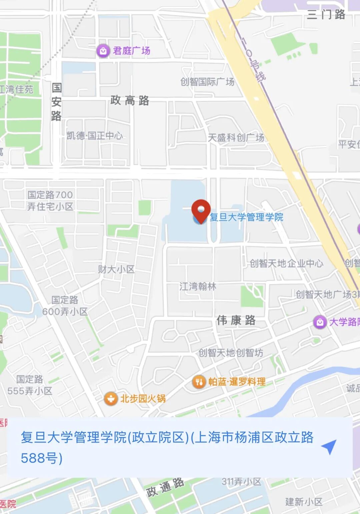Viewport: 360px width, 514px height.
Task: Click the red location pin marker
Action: click(x=201, y=210)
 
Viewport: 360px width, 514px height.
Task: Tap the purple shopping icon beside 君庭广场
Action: click(x=103, y=51)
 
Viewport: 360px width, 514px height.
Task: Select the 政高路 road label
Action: click(x=130, y=100)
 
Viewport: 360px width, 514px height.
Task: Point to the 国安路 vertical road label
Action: click(x=56, y=102)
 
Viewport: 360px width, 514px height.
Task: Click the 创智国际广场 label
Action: click(x=207, y=82)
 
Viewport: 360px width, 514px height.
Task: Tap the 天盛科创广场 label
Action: click(x=236, y=137)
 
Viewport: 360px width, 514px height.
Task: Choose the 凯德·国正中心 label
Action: click(x=95, y=136)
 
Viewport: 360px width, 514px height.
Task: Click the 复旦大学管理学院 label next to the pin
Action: click(x=246, y=217)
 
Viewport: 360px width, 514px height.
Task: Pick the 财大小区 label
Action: click(x=116, y=269)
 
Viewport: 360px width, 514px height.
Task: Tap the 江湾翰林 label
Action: click(x=198, y=286)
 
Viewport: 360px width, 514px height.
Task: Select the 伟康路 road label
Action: click(x=236, y=320)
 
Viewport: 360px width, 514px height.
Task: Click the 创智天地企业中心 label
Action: click(x=286, y=263)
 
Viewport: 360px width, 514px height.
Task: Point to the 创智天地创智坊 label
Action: click(x=231, y=352)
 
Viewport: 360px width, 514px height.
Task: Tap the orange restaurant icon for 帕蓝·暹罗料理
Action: click(x=199, y=382)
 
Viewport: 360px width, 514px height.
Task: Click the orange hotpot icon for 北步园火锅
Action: click(x=111, y=398)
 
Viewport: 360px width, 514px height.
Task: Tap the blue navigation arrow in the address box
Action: click(x=329, y=447)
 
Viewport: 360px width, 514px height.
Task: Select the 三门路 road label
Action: click(x=326, y=15)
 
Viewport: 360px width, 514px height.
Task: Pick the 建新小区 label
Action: click(x=304, y=502)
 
